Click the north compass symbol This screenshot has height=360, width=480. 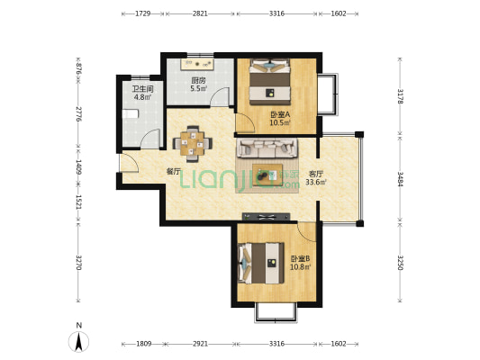(79, 338)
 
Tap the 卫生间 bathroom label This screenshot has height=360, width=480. (142, 89)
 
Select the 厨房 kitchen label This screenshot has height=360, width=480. (198, 81)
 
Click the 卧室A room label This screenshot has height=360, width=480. (280, 114)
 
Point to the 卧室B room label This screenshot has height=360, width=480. (300, 259)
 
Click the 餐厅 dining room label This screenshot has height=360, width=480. (173, 172)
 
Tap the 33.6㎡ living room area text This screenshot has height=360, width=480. (316, 183)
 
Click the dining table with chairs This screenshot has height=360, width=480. (192, 143)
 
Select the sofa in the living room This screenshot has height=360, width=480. (267, 148)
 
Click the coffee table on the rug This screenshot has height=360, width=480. (267, 175)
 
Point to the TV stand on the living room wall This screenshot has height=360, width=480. (266, 217)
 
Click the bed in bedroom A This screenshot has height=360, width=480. (269, 82)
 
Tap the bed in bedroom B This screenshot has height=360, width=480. (261, 263)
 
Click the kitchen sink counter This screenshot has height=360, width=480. (197, 64)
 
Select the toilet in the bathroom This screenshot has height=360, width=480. (131, 114)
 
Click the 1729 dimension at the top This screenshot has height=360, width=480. (142, 13)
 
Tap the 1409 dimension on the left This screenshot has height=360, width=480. (78, 167)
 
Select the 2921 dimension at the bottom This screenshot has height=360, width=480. (200, 344)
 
